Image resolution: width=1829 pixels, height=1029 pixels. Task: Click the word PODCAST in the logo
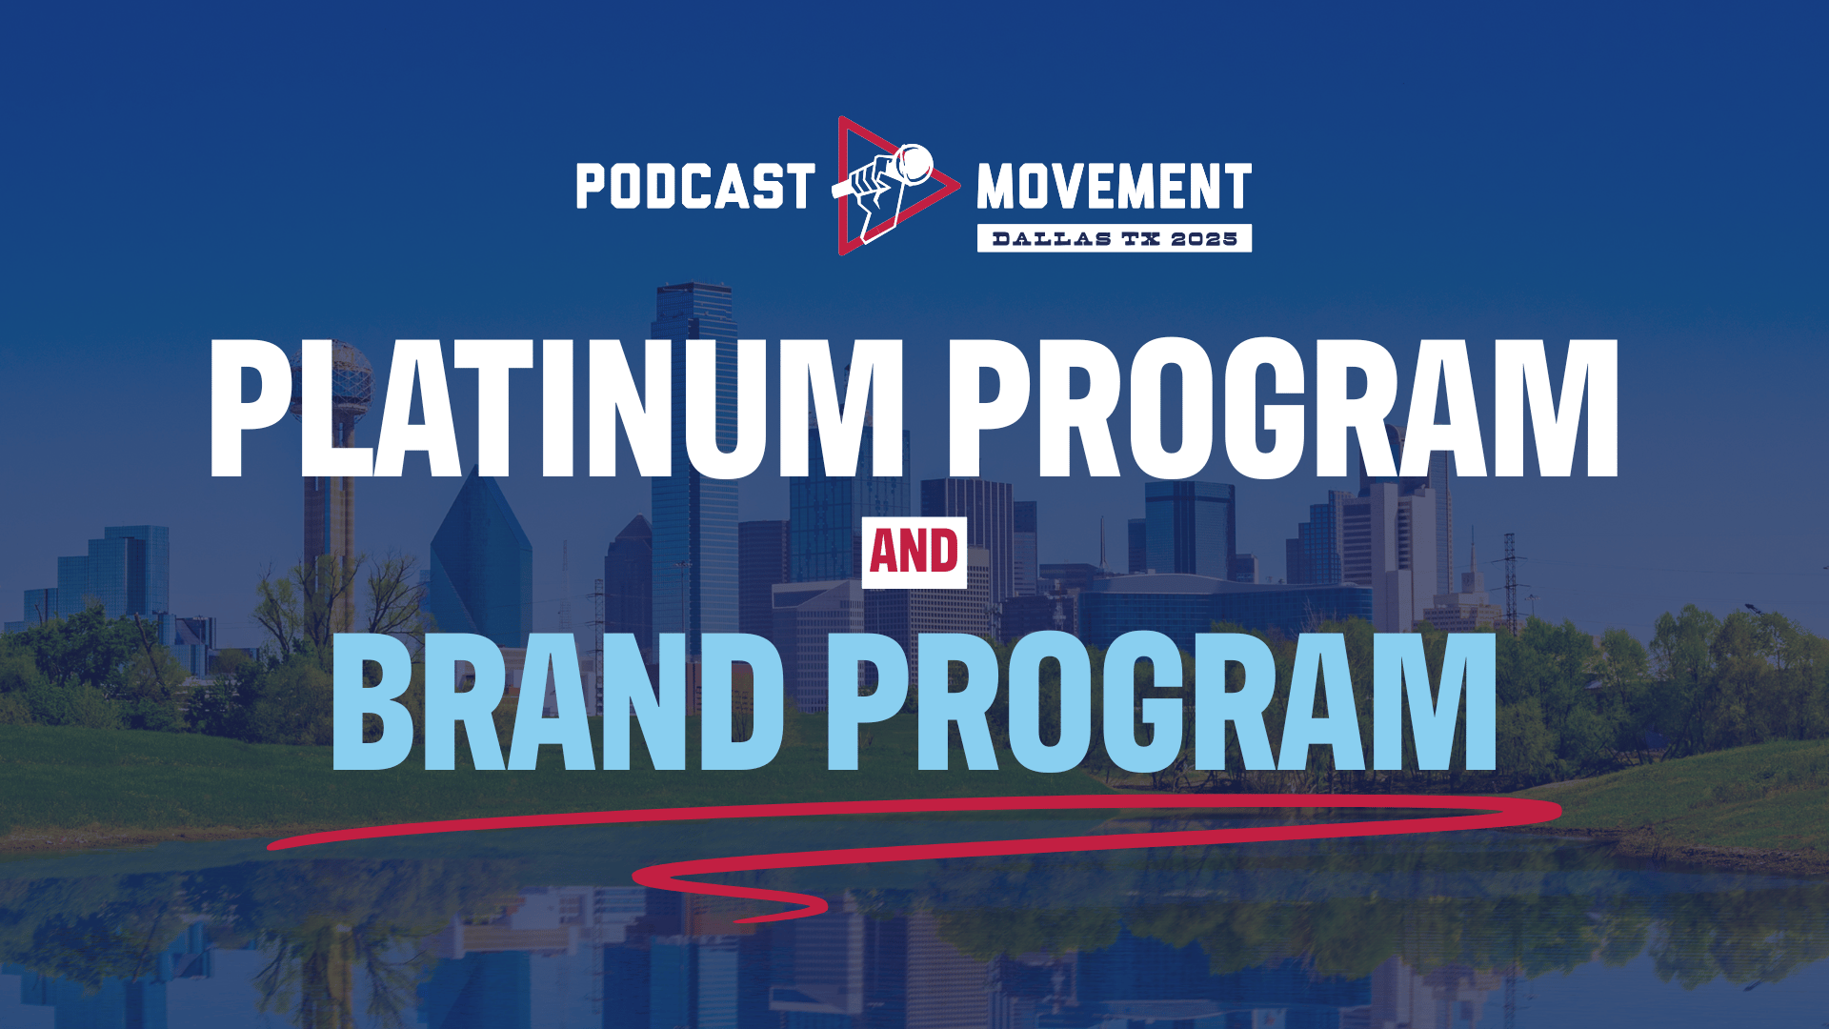[x=695, y=186]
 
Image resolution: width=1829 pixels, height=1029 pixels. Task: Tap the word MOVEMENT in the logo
[x=1114, y=186]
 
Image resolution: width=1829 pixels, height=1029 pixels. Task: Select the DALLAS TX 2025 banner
[x=1115, y=238]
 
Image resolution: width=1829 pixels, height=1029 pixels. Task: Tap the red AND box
[x=914, y=553]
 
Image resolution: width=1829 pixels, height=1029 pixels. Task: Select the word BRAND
[x=557, y=700]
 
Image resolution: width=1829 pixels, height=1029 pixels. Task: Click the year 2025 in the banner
[x=1204, y=238]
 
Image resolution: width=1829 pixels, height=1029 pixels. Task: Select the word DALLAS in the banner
[x=1052, y=238]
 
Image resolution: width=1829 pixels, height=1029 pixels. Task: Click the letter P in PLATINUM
[x=253, y=408]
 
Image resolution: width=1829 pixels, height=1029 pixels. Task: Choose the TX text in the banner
[x=1141, y=238]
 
